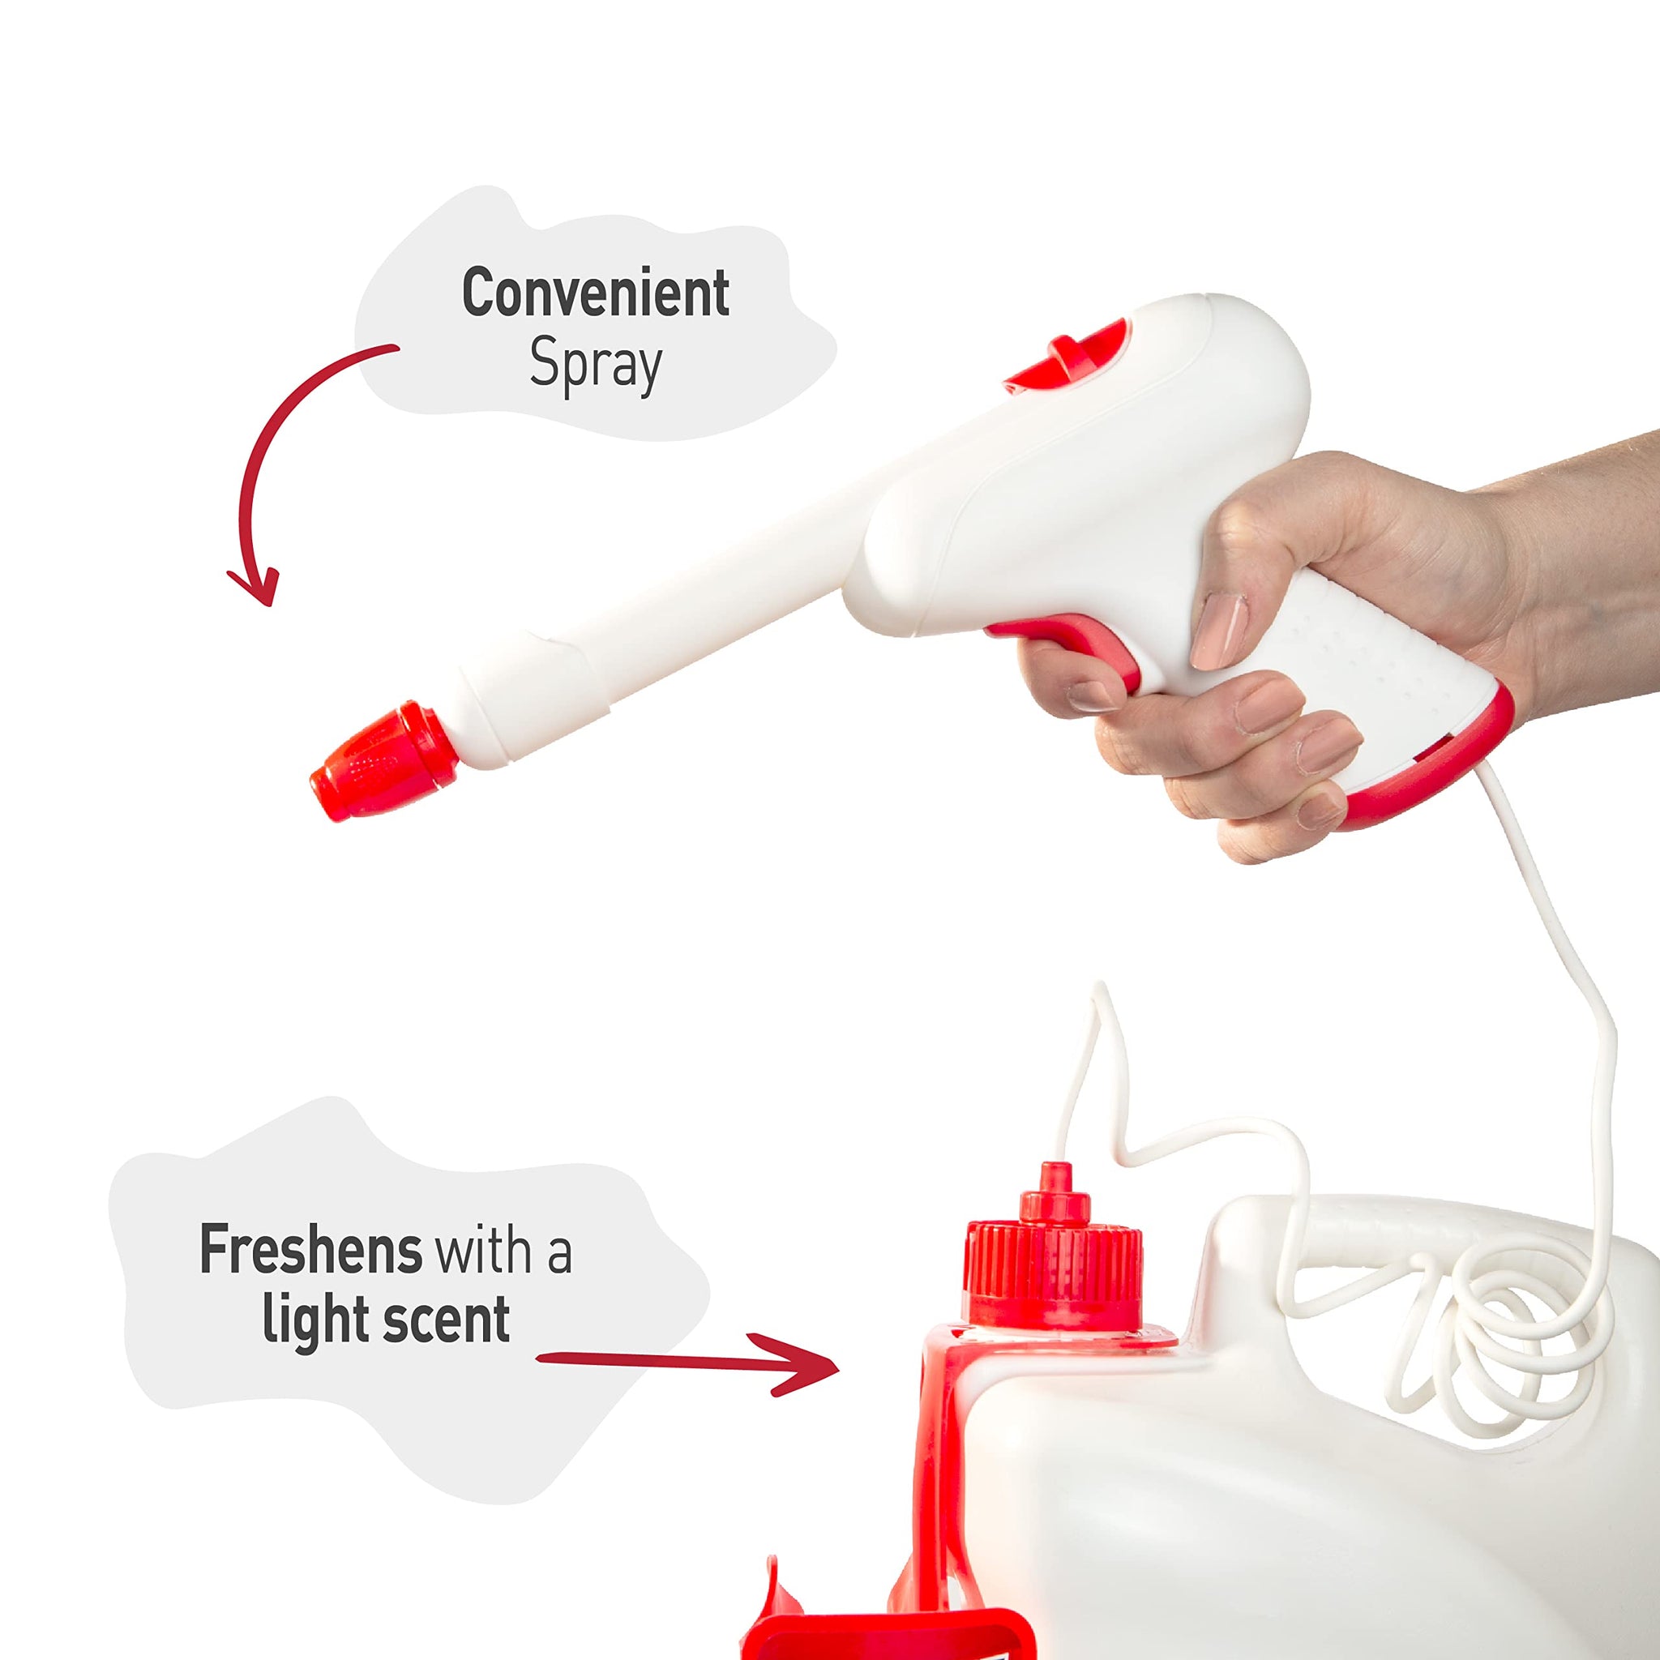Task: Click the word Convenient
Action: click(596, 294)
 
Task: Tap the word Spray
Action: click(596, 366)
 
